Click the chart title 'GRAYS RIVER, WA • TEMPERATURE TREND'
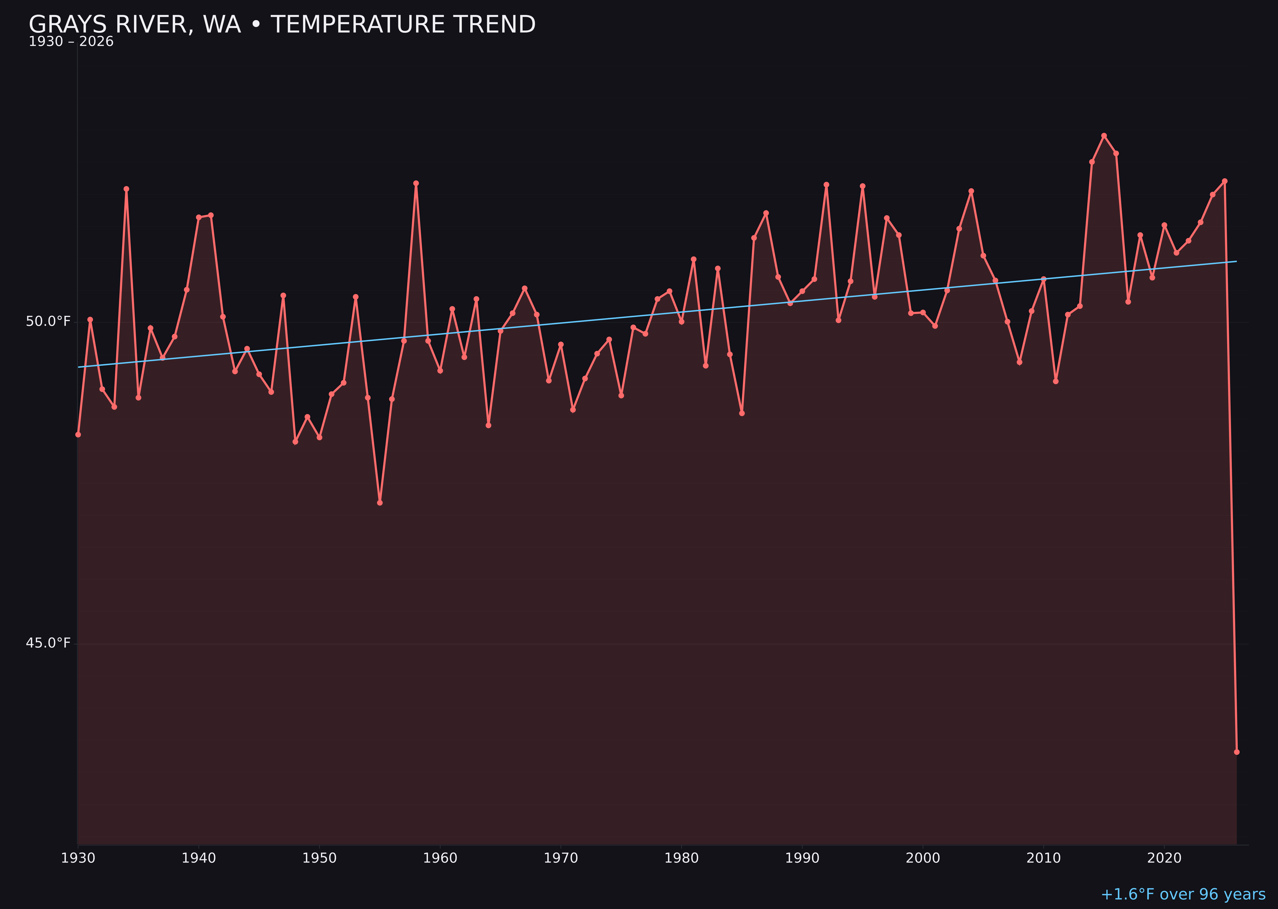click(282, 25)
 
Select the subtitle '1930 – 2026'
click(71, 42)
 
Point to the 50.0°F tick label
click(48, 321)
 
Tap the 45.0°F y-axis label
click(48, 643)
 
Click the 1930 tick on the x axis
click(78, 858)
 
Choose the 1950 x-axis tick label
click(319, 858)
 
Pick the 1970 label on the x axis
click(561, 858)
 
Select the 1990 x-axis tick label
click(802, 858)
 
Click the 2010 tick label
click(1043, 858)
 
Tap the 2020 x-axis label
click(1164, 858)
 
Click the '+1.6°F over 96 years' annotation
click(1183, 894)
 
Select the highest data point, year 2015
click(1104, 136)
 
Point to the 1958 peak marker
click(416, 183)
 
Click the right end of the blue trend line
click(1236, 261)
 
